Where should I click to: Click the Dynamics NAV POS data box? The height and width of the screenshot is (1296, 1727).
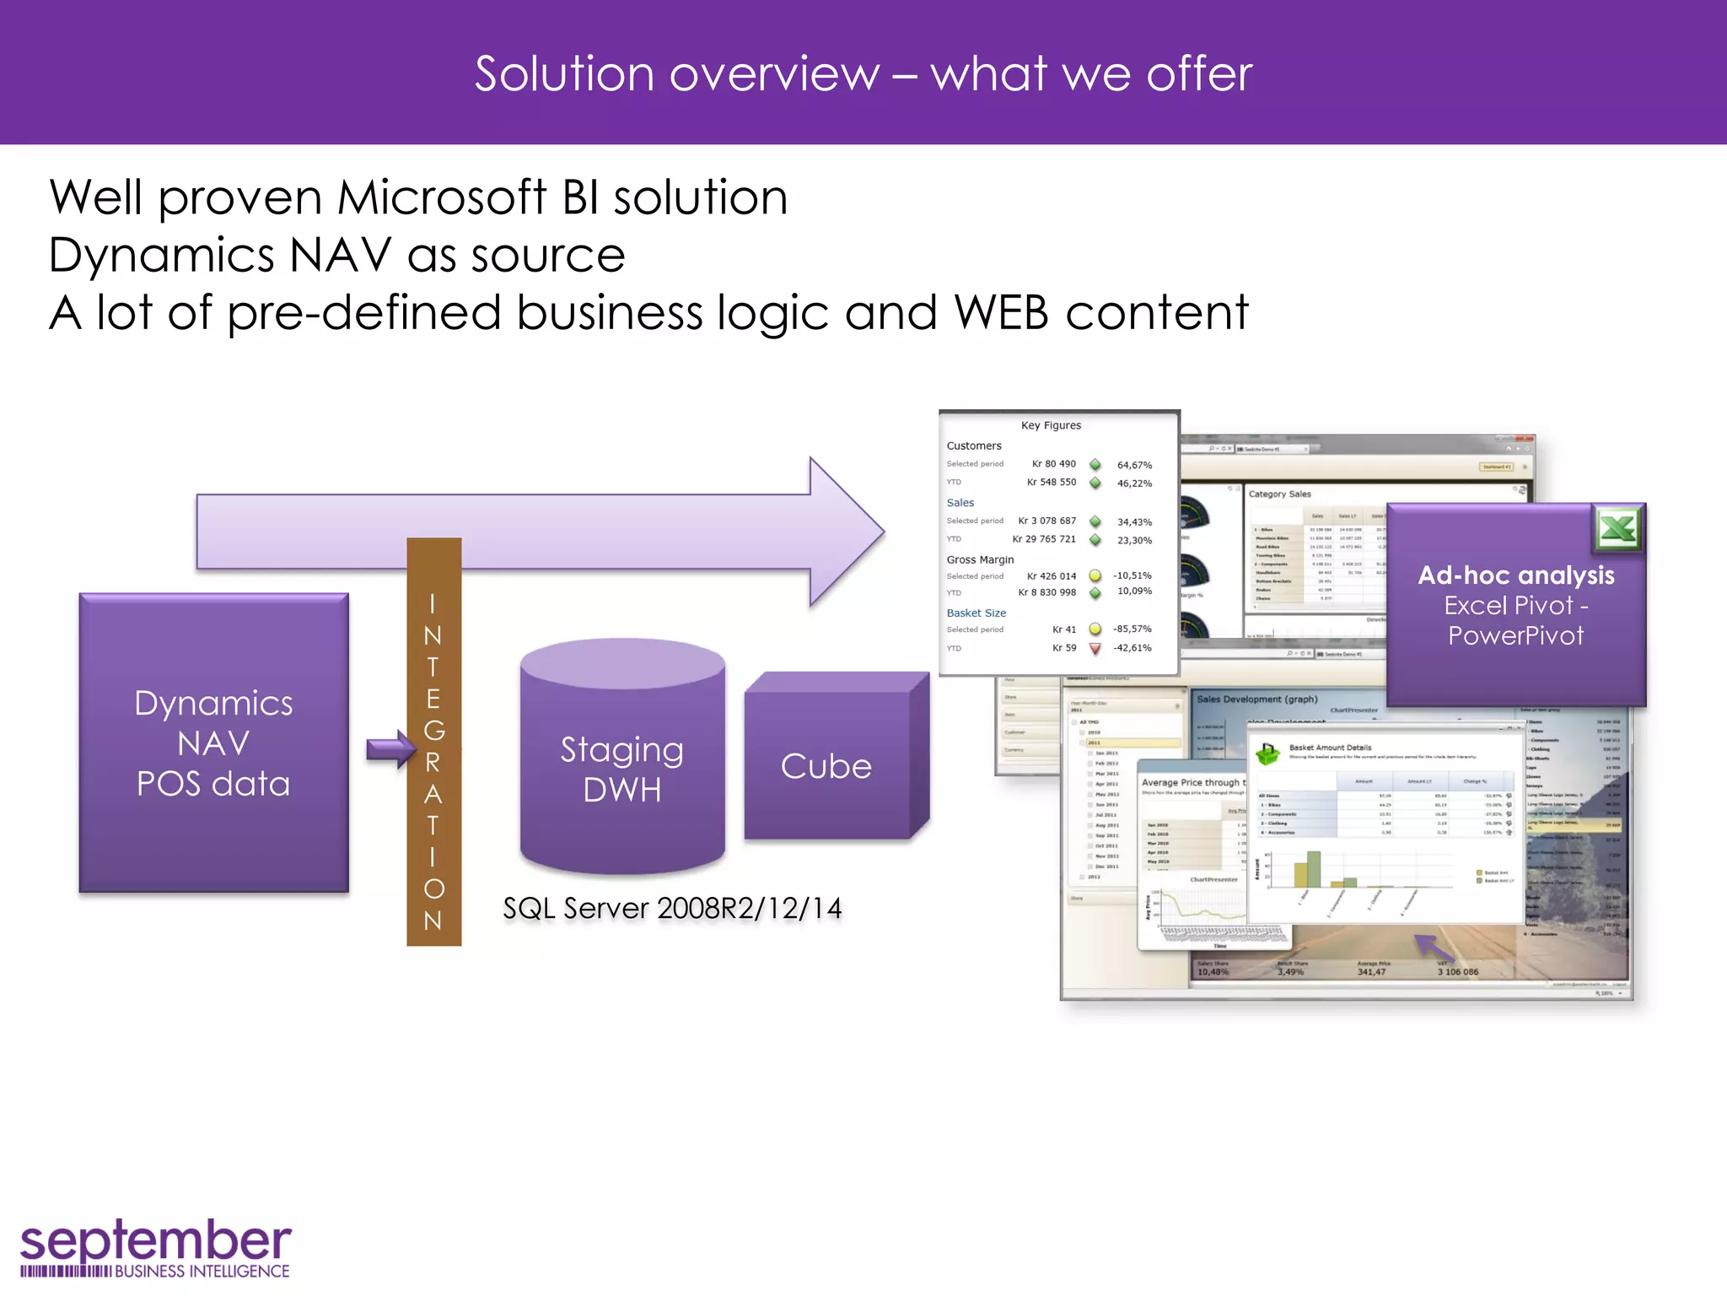click(213, 742)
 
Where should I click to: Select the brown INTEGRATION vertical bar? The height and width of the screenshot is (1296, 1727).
click(433, 742)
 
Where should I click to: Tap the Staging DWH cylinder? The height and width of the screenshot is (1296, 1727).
click(622, 768)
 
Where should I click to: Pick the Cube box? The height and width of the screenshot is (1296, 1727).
click(826, 764)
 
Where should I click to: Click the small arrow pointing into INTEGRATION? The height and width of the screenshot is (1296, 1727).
click(390, 748)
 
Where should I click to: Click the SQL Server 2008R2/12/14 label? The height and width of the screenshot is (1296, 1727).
click(672, 909)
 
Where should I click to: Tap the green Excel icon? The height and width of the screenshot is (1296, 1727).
click(1617, 529)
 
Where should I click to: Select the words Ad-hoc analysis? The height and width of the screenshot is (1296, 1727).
click(1515, 575)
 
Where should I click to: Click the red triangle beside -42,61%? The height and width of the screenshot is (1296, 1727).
click(1095, 649)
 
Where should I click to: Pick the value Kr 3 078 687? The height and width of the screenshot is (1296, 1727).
click(1046, 521)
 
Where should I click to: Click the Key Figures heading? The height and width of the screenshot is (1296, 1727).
click(1051, 425)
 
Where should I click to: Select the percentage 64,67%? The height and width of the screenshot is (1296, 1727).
click(1134, 465)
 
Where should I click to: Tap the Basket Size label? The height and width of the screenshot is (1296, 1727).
click(976, 613)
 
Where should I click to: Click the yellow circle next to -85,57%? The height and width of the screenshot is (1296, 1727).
click(1095, 629)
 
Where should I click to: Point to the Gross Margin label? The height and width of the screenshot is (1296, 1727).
click(980, 559)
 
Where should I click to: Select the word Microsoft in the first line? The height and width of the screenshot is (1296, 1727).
click(442, 197)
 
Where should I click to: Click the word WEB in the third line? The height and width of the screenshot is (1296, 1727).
click(1001, 313)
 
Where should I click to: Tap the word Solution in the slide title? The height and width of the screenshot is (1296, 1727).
click(564, 74)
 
